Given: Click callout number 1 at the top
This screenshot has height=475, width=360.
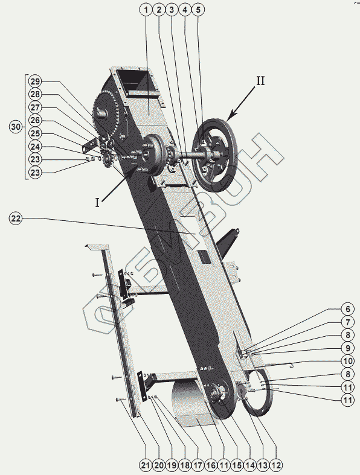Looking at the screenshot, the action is tap(146, 10).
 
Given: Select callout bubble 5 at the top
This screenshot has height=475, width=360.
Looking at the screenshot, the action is tap(198, 10).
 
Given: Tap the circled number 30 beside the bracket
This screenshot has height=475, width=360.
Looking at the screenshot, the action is tap(16, 127).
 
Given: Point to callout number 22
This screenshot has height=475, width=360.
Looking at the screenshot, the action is tap(16, 218).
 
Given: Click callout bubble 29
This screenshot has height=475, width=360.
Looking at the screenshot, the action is tap(35, 81).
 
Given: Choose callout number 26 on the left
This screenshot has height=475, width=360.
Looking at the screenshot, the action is tap(35, 121).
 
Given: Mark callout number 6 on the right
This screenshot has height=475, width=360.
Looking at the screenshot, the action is tap(347, 309).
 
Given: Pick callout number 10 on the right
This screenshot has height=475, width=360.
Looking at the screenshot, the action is tap(347, 361).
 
